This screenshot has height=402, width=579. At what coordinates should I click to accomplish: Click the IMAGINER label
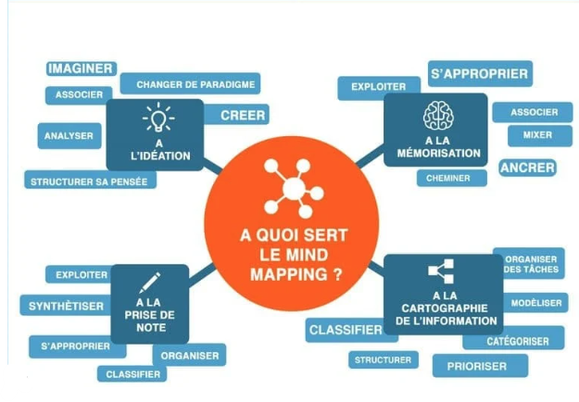81,69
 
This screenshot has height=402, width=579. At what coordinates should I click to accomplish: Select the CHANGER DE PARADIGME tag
190,84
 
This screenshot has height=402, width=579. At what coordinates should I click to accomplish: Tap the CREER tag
243,116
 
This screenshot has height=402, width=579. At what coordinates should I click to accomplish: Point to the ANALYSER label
69,136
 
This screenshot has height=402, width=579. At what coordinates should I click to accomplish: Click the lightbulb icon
157,119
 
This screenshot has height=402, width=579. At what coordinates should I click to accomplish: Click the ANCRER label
527,168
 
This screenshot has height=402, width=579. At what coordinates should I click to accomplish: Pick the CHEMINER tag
448,178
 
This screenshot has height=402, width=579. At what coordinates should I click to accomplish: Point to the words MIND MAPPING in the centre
291,263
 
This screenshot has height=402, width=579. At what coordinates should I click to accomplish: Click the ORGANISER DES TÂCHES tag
530,264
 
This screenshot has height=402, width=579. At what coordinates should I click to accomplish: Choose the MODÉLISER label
536,303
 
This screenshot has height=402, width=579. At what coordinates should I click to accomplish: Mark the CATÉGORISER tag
517,341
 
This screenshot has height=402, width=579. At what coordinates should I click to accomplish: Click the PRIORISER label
477,366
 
